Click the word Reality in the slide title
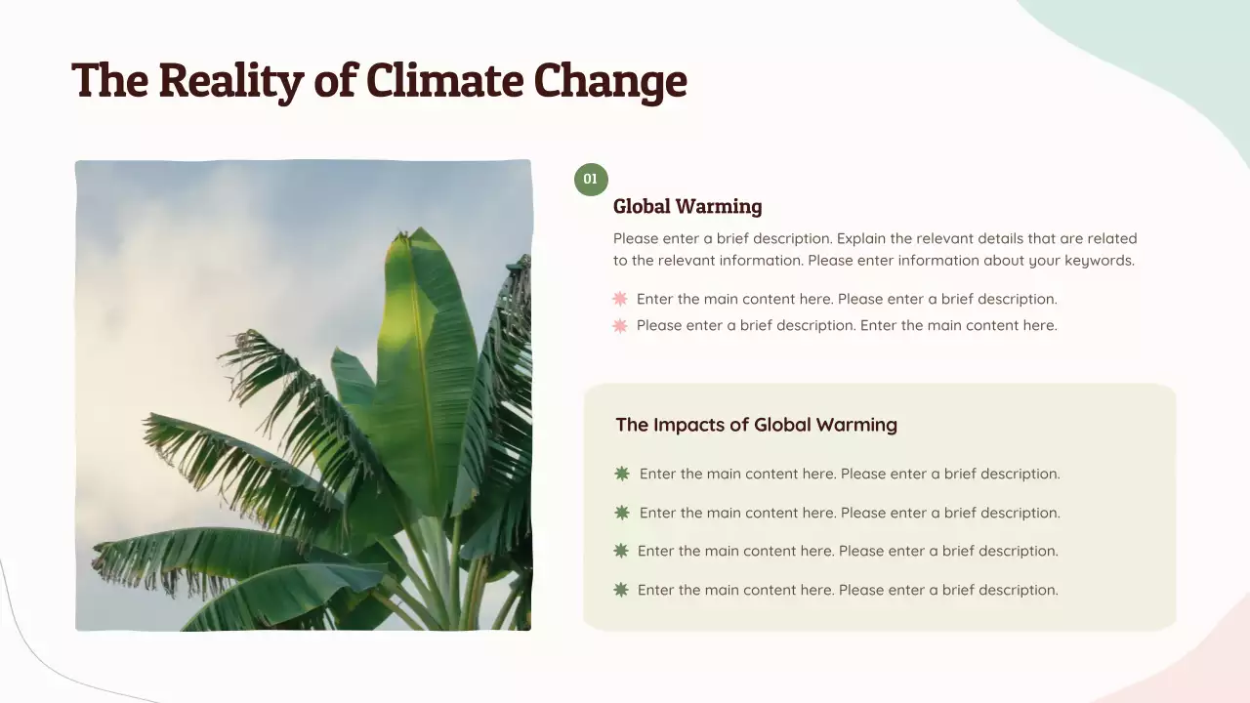coord(230,80)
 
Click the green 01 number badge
coord(591,180)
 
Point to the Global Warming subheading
coord(687,206)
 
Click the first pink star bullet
coord(620,299)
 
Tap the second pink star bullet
coord(620,325)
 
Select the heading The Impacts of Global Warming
coord(756,425)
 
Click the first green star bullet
coord(622,474)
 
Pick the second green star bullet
coord(622,513)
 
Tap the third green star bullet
coord(621,551)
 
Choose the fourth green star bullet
coord(621,590)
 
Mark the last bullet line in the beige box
coord(848,590)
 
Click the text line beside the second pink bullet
coord(847,325)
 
